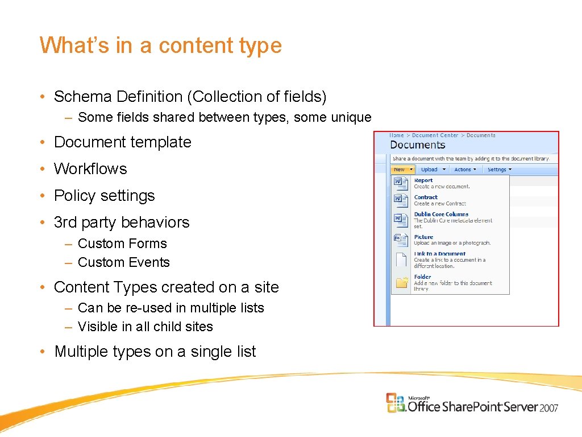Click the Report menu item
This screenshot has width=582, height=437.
(x=423, y=180)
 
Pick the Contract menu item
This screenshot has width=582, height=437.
(x=426, y=197)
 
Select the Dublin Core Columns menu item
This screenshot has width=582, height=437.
(x=441, y=215)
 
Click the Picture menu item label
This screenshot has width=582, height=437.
(x=423, y=237)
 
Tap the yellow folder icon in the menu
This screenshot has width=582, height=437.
(x=401, y=282)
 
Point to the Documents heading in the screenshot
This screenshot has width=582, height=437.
(x=418, y=145)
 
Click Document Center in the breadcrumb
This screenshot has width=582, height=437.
(x=435, y=135)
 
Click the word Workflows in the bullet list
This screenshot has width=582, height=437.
(x=90, y=169)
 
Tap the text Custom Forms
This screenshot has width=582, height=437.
(x=122, y=244)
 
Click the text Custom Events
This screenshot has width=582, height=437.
(x=124, y=262)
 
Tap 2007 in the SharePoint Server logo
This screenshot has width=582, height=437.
(x=548, y=408)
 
